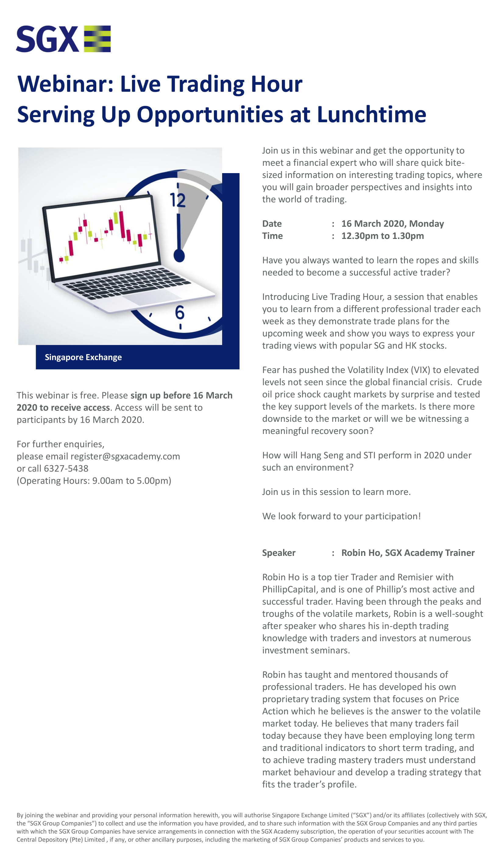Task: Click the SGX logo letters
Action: tap(47, 39)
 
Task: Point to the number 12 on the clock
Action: tap(178, 200)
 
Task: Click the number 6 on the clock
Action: tap(180, 312)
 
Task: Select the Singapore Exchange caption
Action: tap(83, 357)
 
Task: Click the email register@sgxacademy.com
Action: tap(125, 456)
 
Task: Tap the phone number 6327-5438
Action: tap(66, 468)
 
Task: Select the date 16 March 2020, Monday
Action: tap(392, 224)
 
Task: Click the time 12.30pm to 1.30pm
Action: tap(382, 236)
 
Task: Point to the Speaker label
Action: tap(279, 553)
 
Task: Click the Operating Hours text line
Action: tap(94, 481)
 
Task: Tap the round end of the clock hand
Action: tap(179, 256)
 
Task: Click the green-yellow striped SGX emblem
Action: tap(98, 39)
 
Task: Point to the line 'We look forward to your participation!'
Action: tap(341, 516)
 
